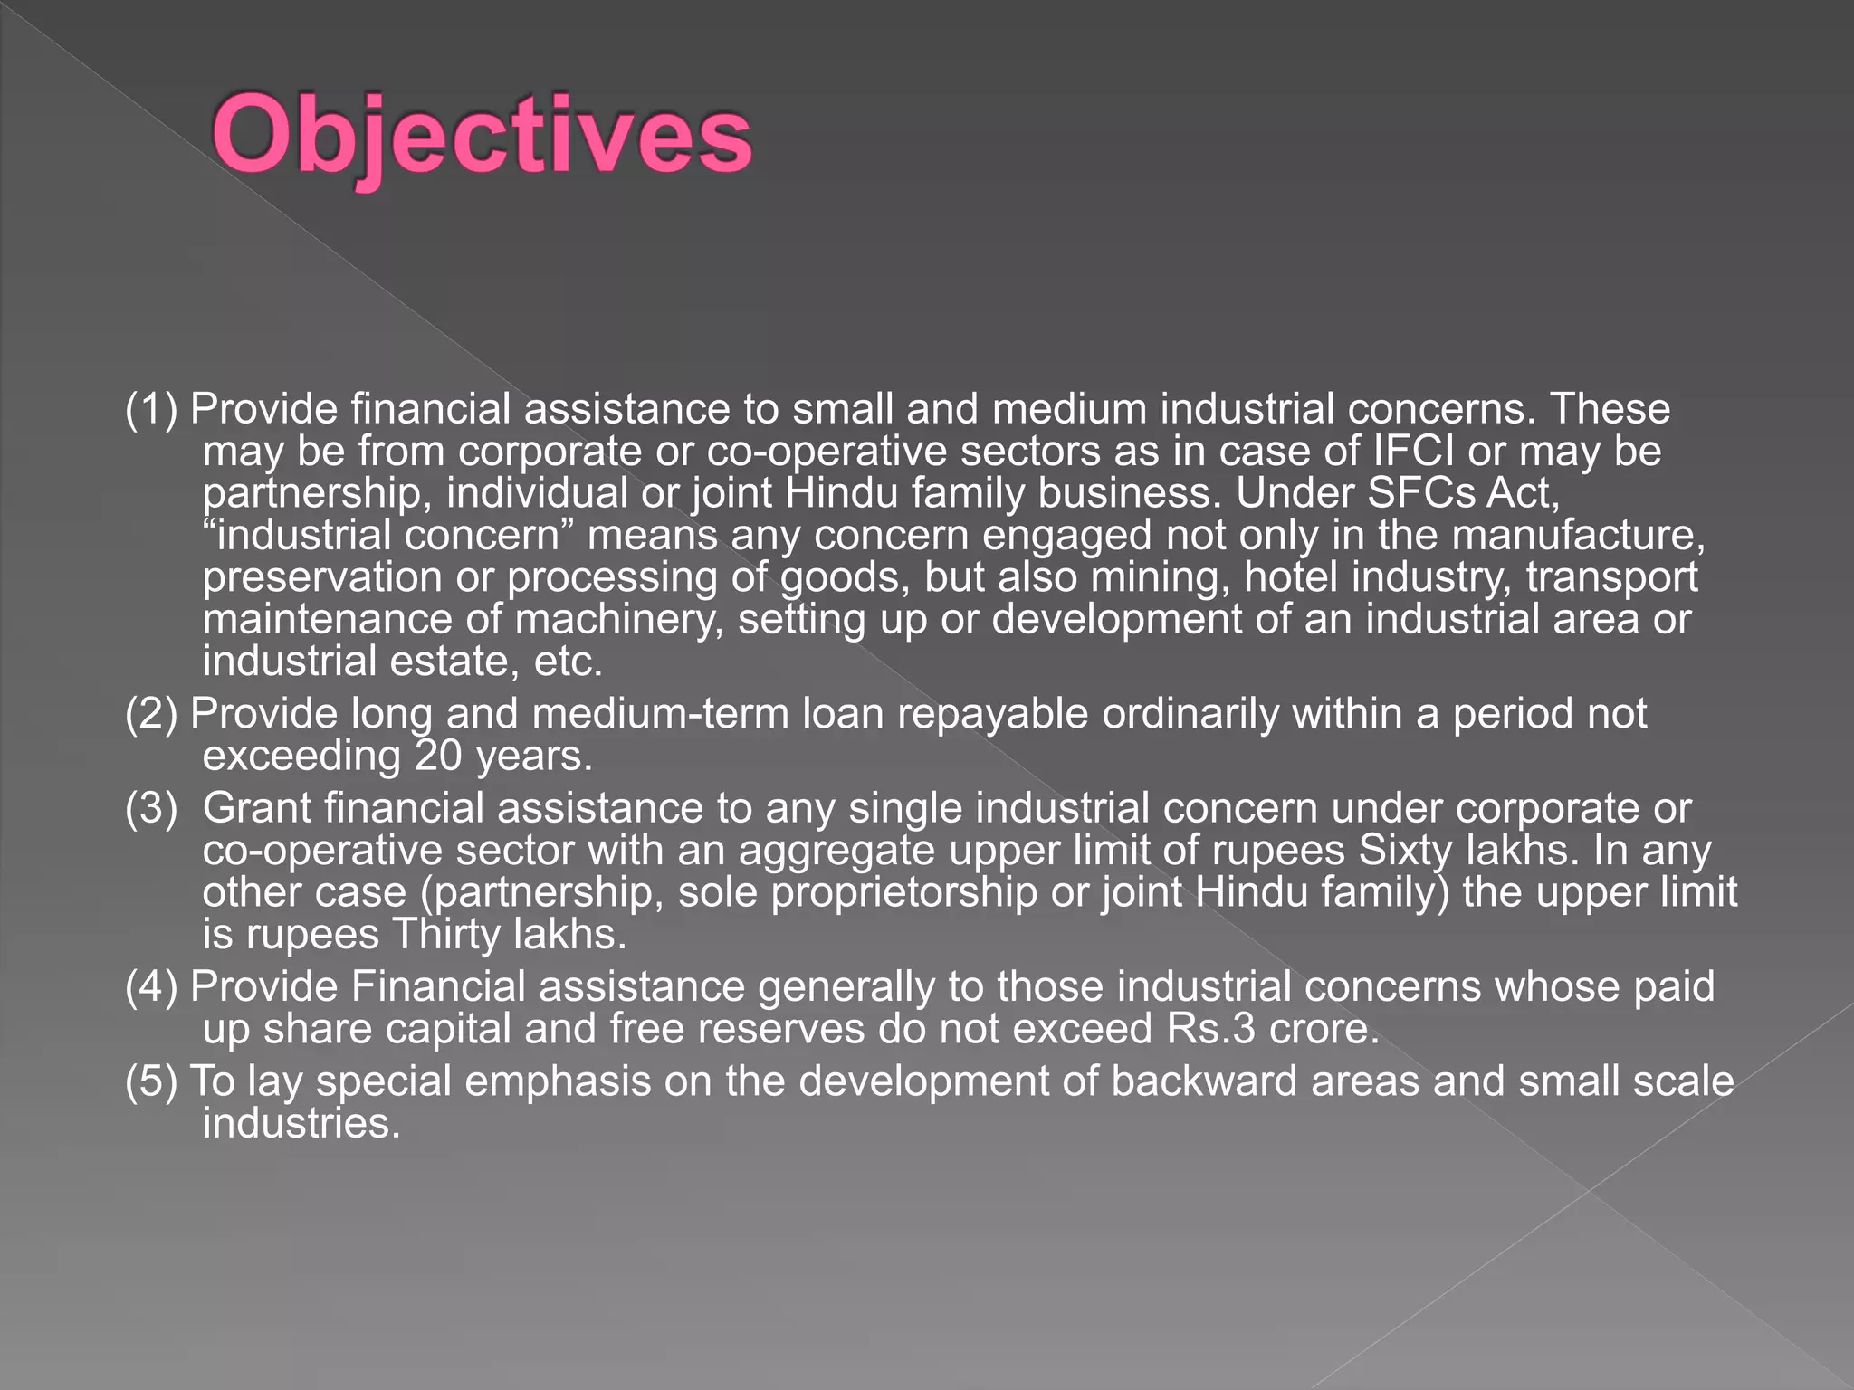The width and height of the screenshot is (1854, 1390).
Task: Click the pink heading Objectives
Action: [x=483, y=138]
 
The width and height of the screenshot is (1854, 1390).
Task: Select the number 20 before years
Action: [x=438, y=757]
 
